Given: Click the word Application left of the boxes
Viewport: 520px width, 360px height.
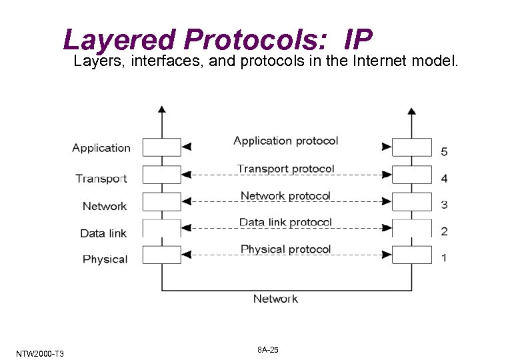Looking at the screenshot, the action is [101, 148].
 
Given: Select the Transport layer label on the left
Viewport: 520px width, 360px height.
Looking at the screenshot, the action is [101, 178].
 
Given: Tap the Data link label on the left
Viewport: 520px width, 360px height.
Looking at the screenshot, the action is [103, 233].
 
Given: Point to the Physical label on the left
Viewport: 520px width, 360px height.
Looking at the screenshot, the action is [105, 259].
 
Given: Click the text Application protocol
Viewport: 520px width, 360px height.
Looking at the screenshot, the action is [285, 141].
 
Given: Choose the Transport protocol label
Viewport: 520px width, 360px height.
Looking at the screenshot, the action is [285, 169].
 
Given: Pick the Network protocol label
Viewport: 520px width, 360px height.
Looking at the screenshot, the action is [285, 195].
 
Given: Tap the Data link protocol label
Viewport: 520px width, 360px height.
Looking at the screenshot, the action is [285, 222].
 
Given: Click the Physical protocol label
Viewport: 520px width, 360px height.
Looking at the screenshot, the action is [285, 249].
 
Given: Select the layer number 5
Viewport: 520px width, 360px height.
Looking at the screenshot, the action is [445, 152].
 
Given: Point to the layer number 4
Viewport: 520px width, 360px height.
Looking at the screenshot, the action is [445, 179].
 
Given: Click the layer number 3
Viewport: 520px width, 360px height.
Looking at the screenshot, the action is [445, 205].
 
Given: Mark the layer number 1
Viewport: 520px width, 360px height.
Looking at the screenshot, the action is [445, 258].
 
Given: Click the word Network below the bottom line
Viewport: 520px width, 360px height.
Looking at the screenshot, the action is [275, 299].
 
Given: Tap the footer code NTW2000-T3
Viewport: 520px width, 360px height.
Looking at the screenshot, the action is [38, 353].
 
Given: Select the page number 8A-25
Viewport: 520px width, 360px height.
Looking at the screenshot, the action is [267, 351].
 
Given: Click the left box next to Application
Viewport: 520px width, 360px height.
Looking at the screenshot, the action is [161, 147].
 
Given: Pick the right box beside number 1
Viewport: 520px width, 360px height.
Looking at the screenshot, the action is [412, 254].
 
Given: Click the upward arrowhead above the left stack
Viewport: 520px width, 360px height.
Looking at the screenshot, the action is [161, 110].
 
